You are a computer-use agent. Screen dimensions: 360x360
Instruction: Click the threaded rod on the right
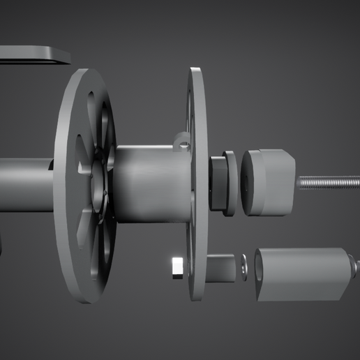[x=328, y=183]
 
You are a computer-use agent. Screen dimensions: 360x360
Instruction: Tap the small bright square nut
[x=177, y=267]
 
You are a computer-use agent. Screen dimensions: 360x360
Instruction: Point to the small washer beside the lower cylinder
[x=243, y=268]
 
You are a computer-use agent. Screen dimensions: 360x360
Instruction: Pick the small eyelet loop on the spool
[x=183, y=143]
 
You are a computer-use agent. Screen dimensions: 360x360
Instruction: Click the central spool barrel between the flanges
[x=150, y=183]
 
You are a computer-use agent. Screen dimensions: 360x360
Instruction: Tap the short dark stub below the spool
[x=223, y=267]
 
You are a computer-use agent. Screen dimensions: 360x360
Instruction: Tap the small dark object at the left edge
[x=1, y=248]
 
